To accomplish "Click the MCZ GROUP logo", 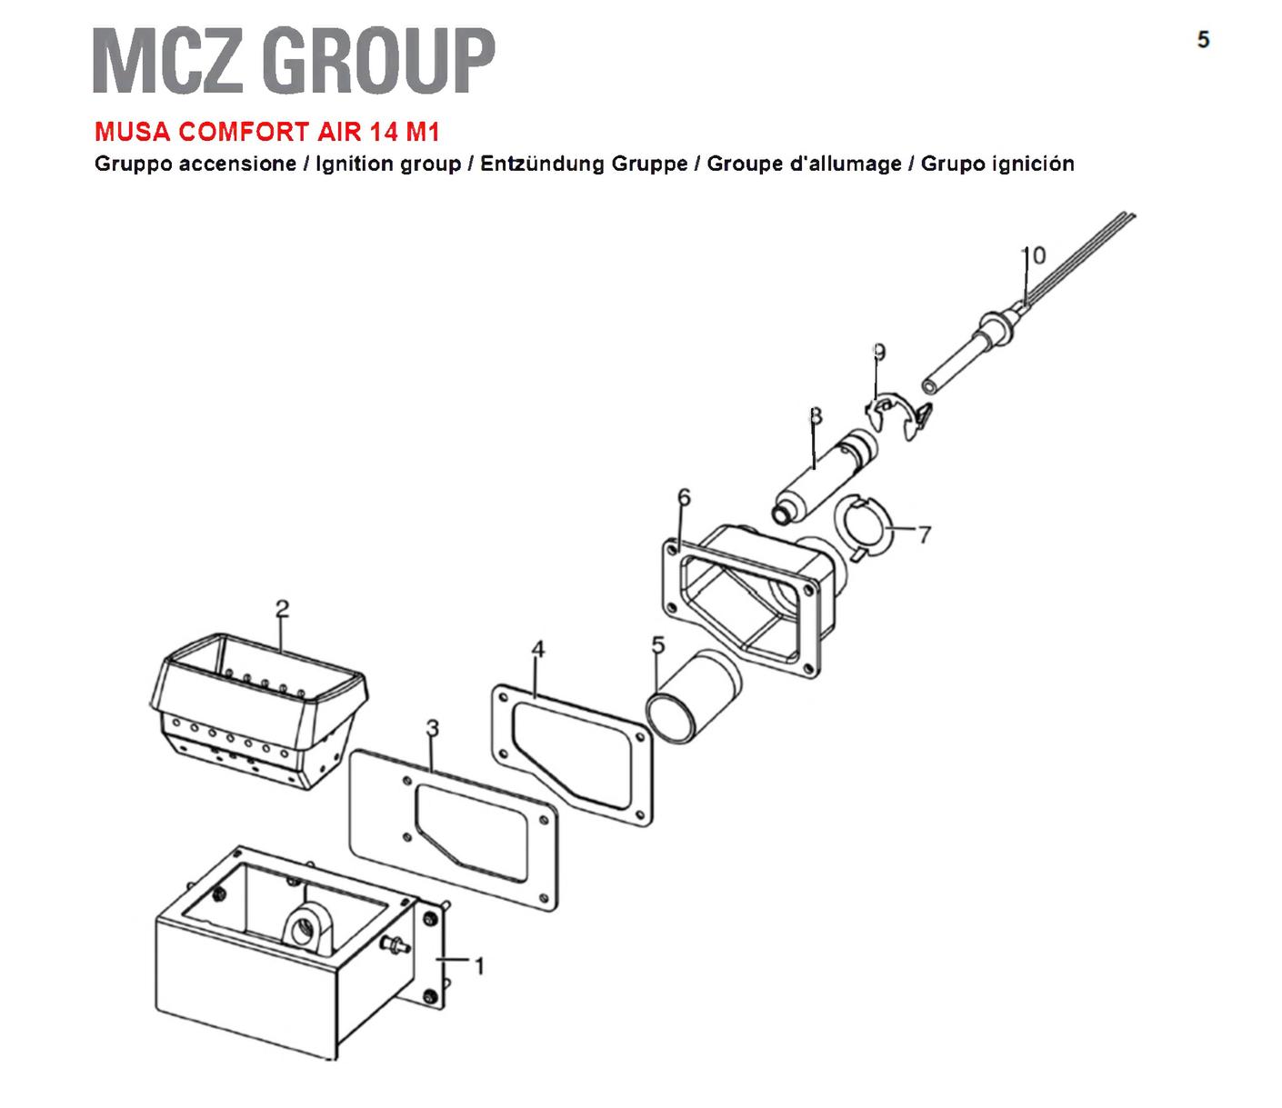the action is coord(294,60).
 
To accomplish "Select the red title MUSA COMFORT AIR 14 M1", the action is coord(267,132).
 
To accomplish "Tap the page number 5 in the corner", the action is coord(1203,40).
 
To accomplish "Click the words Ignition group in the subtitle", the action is coord(388,164).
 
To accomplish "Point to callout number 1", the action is coord(479,966).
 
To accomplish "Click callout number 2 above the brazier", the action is coord(282,609).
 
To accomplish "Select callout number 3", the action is coord(432,728).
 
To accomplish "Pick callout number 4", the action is coord(537,649).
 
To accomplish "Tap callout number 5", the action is coord(658,644).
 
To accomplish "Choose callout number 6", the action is coord(684,496).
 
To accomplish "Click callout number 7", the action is coord(925,534).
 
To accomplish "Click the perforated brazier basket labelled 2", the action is coord(258,711).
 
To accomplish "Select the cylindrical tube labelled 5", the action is coord(694,695).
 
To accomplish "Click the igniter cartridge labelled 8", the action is coord(825,476).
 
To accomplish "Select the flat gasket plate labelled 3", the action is coord(454,830).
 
